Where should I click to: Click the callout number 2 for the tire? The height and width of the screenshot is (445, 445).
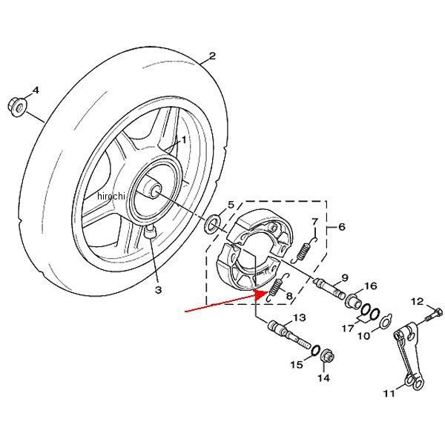click(x=211, y=56)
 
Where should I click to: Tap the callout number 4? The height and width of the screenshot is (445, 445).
click(x=35, y=91)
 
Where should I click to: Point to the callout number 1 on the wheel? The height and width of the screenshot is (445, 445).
click(x=184, y=138)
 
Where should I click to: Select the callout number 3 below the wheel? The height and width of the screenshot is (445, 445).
click(x=158, y=290)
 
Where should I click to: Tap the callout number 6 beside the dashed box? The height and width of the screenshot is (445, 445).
click(x=341, y=226)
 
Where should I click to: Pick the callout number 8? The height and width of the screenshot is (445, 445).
click(x=290, y=297)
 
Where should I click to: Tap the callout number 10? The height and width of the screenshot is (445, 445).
click(x=363, y=336)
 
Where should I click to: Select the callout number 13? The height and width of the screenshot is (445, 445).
click(x=300, y=318)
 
